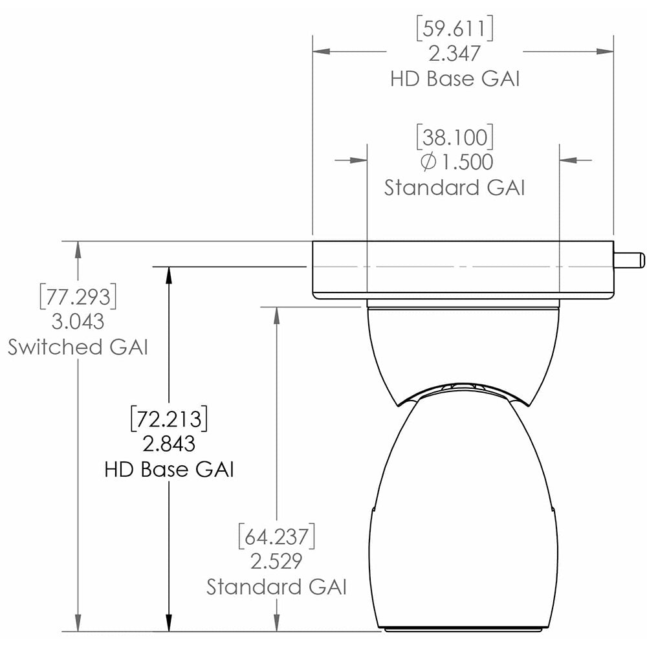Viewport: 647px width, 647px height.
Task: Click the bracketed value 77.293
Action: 78,296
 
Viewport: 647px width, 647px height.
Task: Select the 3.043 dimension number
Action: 78,321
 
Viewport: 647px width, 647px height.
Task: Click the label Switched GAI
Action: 78,347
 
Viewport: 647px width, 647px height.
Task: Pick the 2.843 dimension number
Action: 169,443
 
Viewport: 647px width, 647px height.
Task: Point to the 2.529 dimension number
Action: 276,561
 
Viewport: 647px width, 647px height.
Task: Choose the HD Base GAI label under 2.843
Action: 169,468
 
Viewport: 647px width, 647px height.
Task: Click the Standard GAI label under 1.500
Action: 454,188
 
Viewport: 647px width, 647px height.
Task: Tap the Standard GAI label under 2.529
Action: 276,587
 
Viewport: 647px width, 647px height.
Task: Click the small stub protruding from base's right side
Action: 629,259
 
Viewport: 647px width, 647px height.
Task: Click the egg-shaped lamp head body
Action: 462,511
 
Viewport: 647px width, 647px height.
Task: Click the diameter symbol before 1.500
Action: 428,162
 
